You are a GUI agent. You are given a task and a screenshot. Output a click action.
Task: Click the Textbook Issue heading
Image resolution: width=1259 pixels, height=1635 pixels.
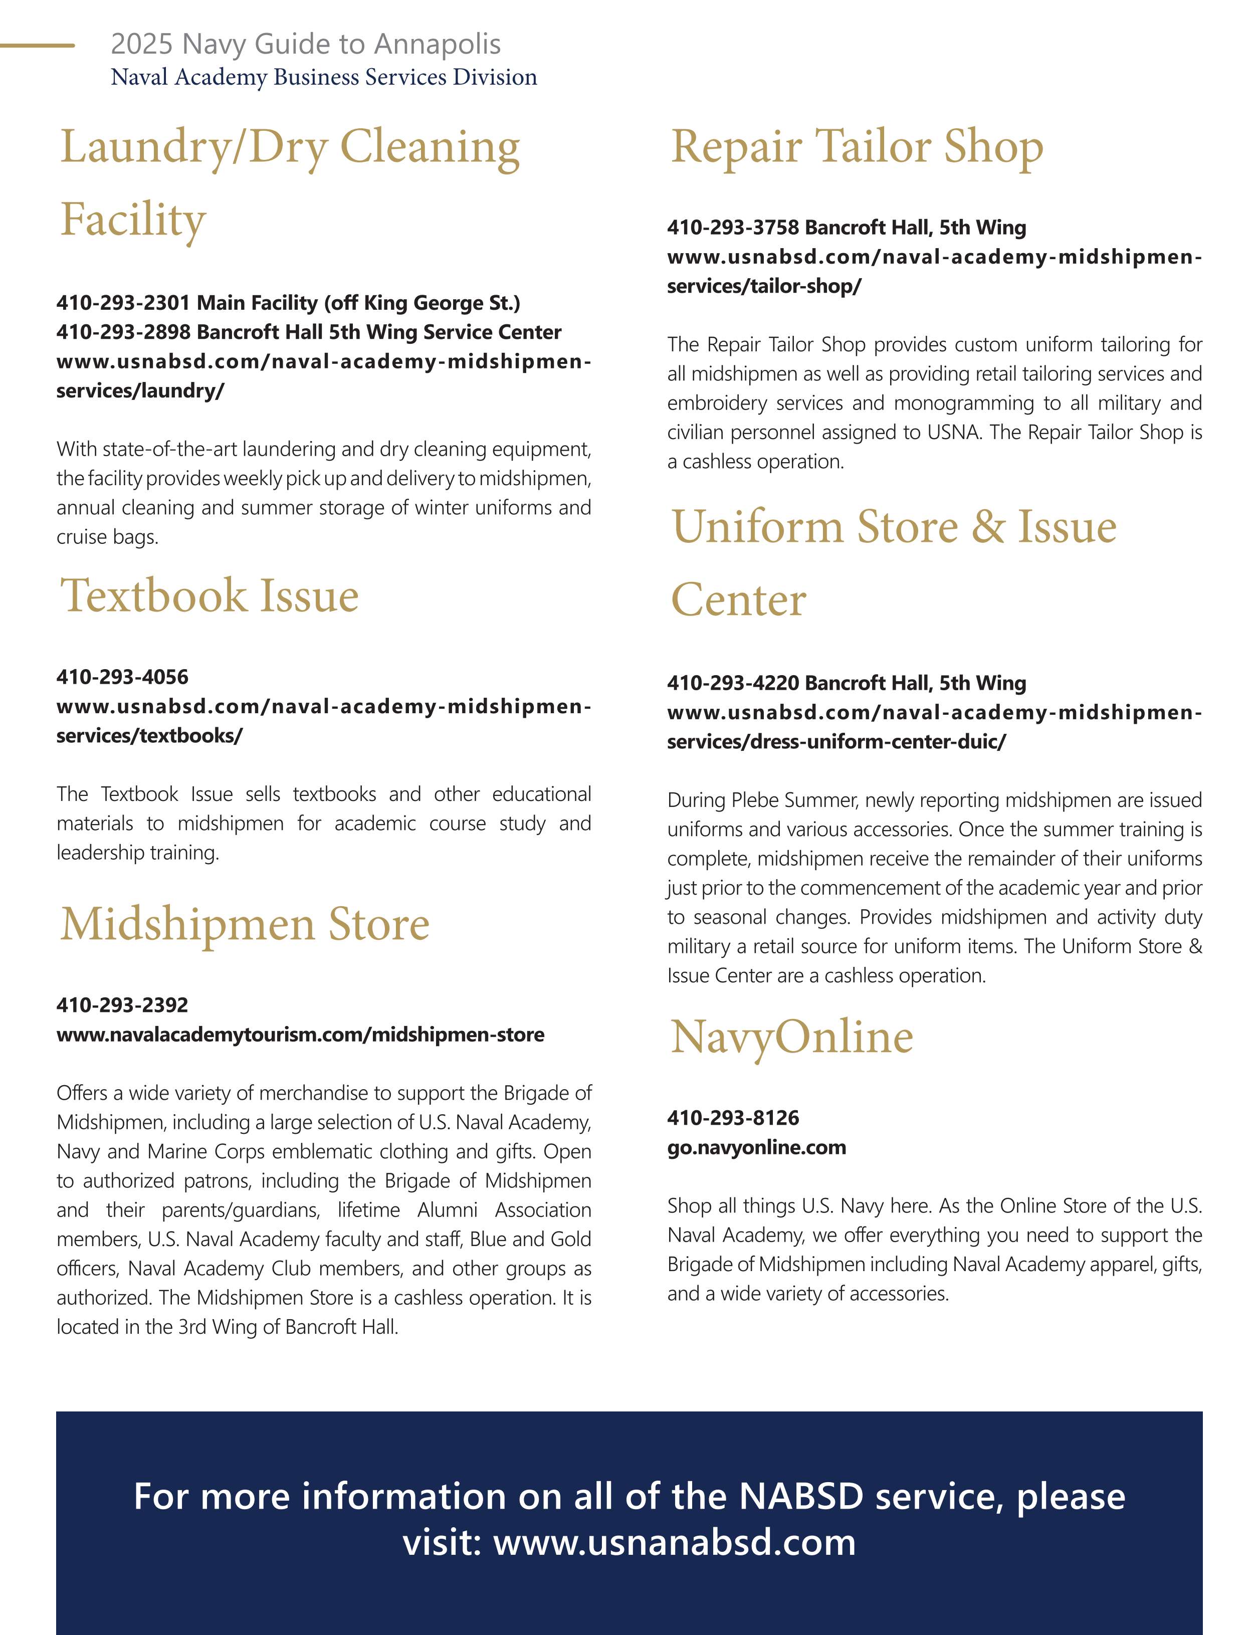click(x=209, y=596)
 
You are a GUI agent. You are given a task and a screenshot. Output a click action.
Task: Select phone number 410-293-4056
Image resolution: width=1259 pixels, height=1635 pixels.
click(x=122, y=678)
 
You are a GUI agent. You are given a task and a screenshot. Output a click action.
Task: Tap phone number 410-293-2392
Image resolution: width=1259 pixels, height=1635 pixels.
click(x=122, y=1005)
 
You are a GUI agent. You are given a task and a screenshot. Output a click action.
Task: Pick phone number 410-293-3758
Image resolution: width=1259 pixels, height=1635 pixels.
click(x=734, y=228)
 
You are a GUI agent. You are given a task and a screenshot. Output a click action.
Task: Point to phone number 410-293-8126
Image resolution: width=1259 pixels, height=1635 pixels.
click(x=733, y=1118)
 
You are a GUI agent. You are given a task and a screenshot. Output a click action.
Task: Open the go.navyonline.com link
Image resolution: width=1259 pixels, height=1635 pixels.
click(x=756, y=1148)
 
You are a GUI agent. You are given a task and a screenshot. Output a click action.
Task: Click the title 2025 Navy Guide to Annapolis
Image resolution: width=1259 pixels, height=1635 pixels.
click(x=305, y=44)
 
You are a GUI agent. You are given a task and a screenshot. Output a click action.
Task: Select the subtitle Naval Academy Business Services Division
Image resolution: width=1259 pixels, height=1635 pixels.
click(x=323, y=77)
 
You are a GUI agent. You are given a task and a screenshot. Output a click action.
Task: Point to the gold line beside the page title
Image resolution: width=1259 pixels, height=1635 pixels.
click(x=38, y=46)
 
